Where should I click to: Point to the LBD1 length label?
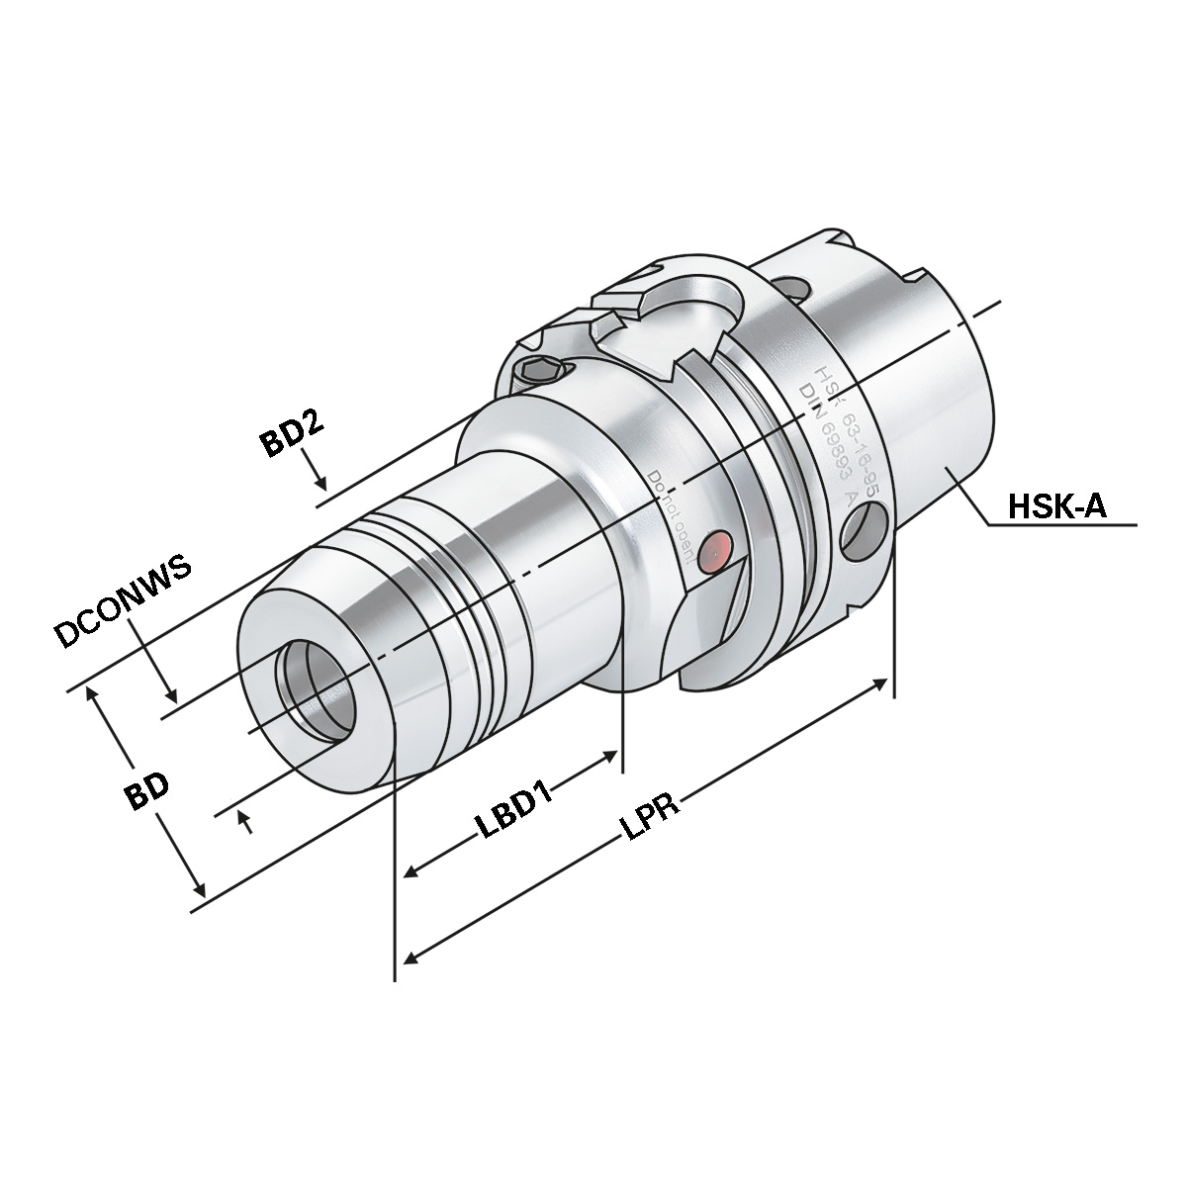tap(515, 811)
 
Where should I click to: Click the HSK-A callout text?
tap(1055, 507)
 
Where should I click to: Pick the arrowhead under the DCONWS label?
tap(171, 694)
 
